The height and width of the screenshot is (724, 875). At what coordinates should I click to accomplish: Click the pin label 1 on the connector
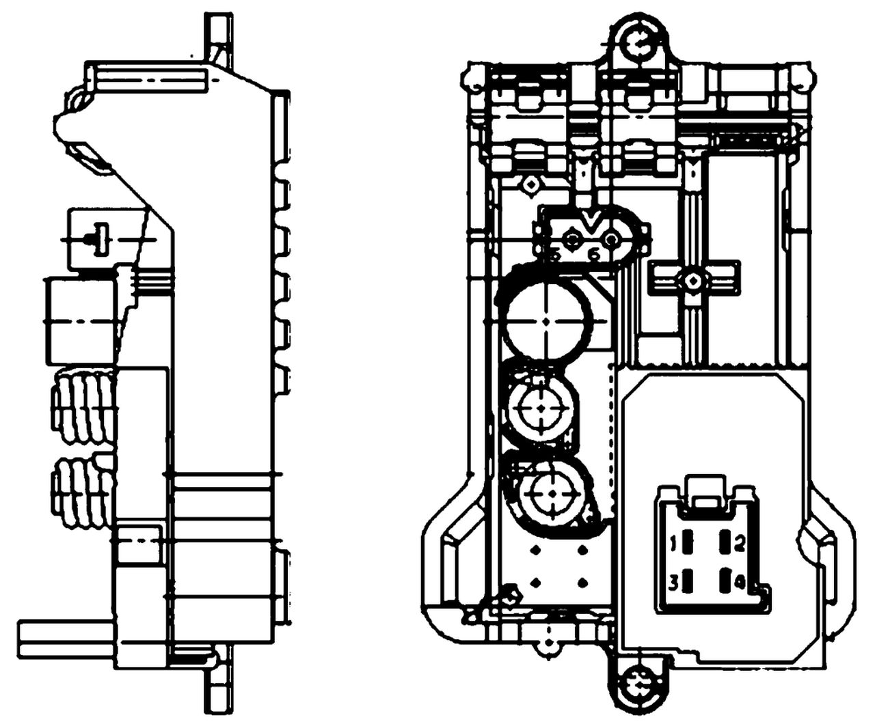(673, 544)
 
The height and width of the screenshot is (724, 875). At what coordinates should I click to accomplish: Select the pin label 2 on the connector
(740, 544)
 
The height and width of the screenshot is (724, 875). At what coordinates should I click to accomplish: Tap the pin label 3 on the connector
(673, 583)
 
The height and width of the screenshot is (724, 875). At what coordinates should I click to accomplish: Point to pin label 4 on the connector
(740, 583)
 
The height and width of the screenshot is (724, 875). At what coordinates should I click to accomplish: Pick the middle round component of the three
(541, 408)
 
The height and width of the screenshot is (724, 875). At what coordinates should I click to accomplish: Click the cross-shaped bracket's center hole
(693, 280)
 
